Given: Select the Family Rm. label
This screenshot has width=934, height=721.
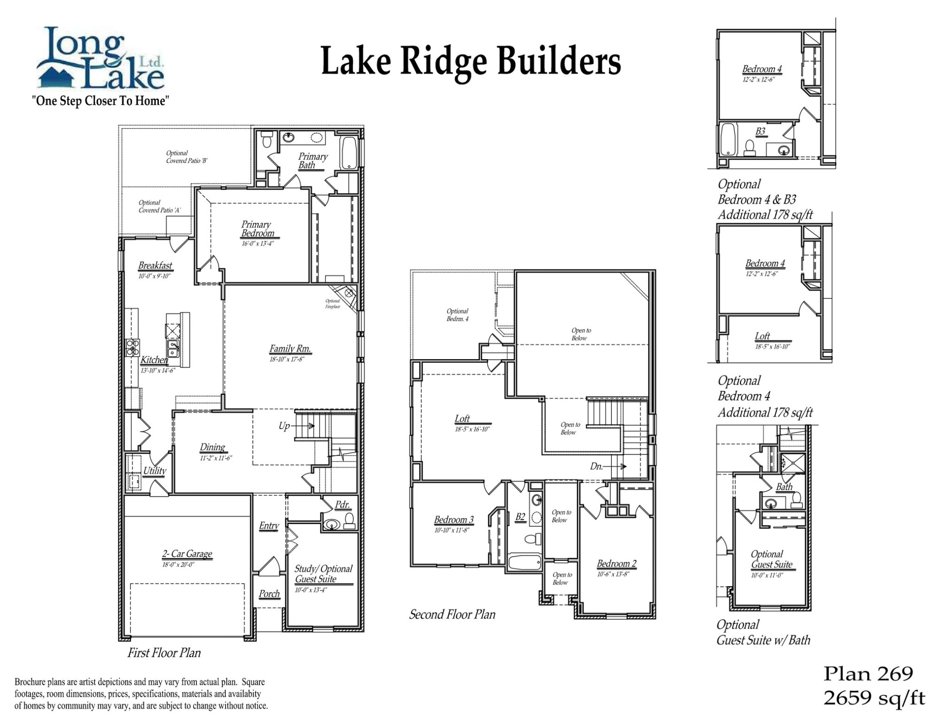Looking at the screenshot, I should tap(290, 349).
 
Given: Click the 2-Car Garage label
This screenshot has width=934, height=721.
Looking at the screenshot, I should tap(187, 554).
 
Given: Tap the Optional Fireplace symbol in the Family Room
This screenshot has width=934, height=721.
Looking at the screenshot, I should tap(349, 293).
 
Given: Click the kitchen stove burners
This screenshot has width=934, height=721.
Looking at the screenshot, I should tap(132, 347).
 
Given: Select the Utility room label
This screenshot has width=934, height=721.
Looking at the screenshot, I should tap(155, 471).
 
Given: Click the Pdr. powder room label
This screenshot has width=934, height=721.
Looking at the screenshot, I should tap(342, 505).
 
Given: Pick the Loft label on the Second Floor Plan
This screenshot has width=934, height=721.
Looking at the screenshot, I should tap(462, 419).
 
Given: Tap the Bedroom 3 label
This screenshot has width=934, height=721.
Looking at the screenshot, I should tap(453, 520).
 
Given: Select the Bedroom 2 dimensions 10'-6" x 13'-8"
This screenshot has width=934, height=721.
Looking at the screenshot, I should tap(613, 574).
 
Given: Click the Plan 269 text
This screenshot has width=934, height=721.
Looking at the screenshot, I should tap(868, 674).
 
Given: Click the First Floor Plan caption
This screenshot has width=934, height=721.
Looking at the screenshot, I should tap(164, 653).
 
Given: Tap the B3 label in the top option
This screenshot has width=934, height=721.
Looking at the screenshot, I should tap(760, 131).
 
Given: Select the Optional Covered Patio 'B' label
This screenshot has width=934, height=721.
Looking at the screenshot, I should tap(187, 157).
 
